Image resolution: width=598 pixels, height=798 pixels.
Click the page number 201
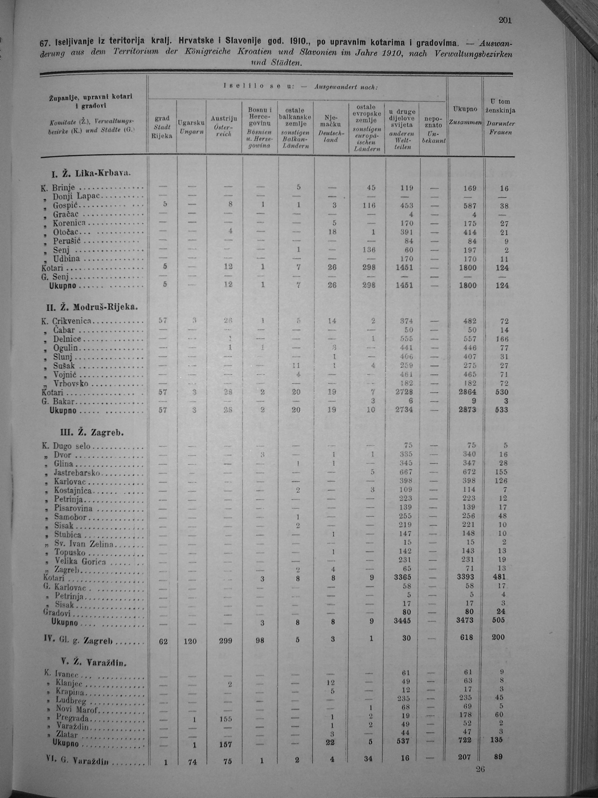click(505, 20)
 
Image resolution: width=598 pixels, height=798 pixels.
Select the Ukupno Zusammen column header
click(465, 115)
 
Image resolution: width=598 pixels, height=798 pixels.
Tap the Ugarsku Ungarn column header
click(191, 127)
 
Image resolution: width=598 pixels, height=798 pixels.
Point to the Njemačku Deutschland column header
click(331, 128)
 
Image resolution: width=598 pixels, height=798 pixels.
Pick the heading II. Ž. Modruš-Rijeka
click(92, 307)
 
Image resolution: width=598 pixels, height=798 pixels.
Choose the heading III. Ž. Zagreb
click(92, 432)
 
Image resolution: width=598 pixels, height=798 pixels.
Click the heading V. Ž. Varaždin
click(94, 662)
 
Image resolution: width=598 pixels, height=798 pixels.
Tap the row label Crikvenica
click(72, 321)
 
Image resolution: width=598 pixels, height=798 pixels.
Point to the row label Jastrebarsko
click(77, 472)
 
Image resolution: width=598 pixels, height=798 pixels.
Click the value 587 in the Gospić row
click(470, 206)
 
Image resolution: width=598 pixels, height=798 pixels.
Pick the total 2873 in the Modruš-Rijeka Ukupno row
click(467, 410)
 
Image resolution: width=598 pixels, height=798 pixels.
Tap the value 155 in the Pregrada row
click(225, 719)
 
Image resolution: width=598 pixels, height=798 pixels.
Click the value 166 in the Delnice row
click(502, 339)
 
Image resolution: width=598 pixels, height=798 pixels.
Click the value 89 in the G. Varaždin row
click(498, 756)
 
